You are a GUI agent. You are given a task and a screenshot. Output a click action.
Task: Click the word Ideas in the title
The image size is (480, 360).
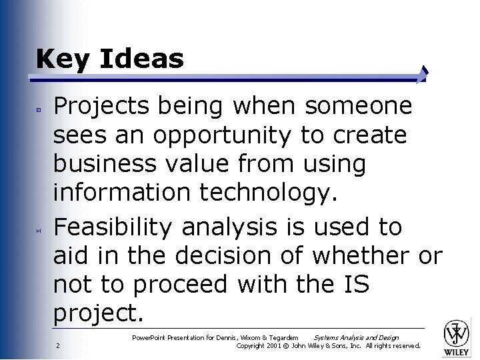[141, 59]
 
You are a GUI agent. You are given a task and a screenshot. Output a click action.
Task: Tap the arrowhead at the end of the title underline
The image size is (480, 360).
[423, 74]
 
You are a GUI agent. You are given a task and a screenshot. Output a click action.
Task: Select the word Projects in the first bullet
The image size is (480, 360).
[103, 107]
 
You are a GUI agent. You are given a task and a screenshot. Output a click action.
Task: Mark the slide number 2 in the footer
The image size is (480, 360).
[58, 345]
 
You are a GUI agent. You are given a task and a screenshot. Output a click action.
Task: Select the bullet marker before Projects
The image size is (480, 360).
[39, 107]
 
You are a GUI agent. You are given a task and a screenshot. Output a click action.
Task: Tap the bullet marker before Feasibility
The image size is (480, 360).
[39, 229]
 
